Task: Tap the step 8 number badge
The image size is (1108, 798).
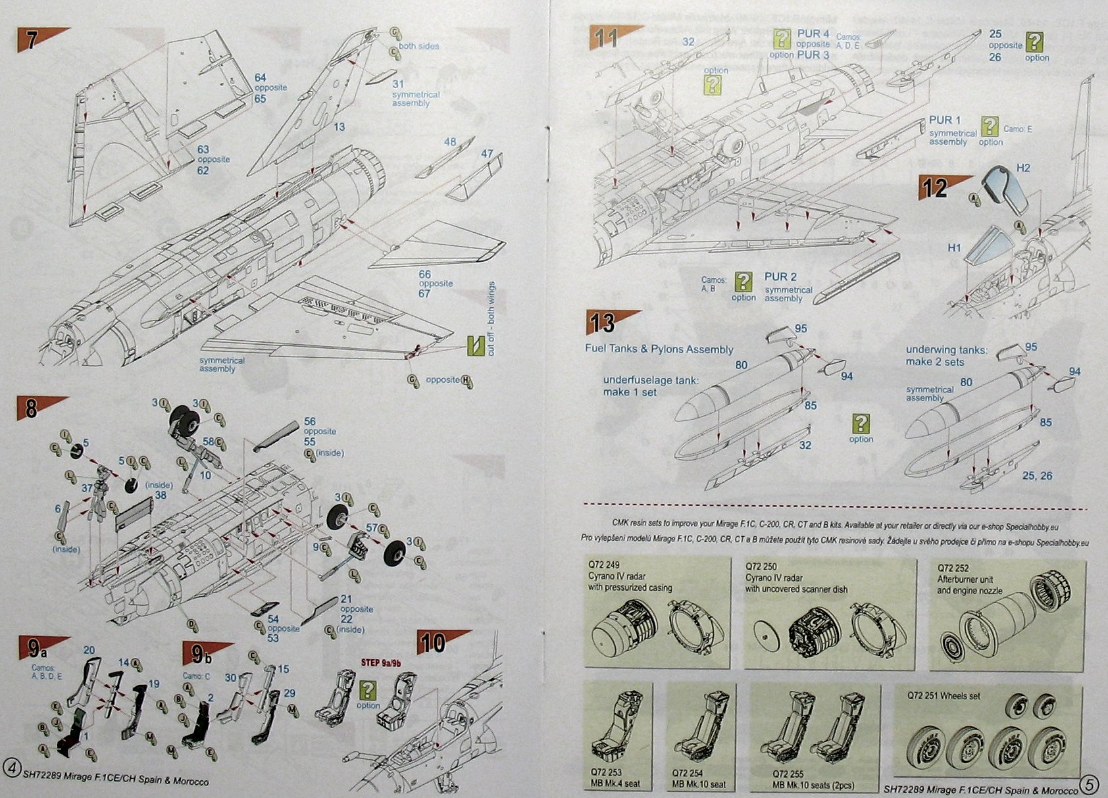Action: point(32,409)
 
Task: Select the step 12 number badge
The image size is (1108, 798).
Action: point(935,188)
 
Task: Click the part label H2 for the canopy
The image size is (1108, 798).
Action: point(1022,168)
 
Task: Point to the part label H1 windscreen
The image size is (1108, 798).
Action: point(955,248)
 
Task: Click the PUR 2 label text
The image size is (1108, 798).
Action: point(780,277)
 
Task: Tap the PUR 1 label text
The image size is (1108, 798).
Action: point(945,120)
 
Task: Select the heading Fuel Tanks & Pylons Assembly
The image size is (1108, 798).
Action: point(659,349)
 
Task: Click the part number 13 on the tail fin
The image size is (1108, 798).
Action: point(339,126)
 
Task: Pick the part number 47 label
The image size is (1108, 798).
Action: point(487,153)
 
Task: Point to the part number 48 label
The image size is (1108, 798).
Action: point(450,141)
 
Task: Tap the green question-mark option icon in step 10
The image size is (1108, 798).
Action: point(368,690)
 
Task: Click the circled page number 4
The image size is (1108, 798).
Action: point(11,767)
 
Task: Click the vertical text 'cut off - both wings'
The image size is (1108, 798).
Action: point(491,319)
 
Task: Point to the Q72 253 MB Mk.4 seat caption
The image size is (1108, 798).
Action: point(615,778)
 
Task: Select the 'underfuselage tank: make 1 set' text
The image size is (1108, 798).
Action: point(651,386)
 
